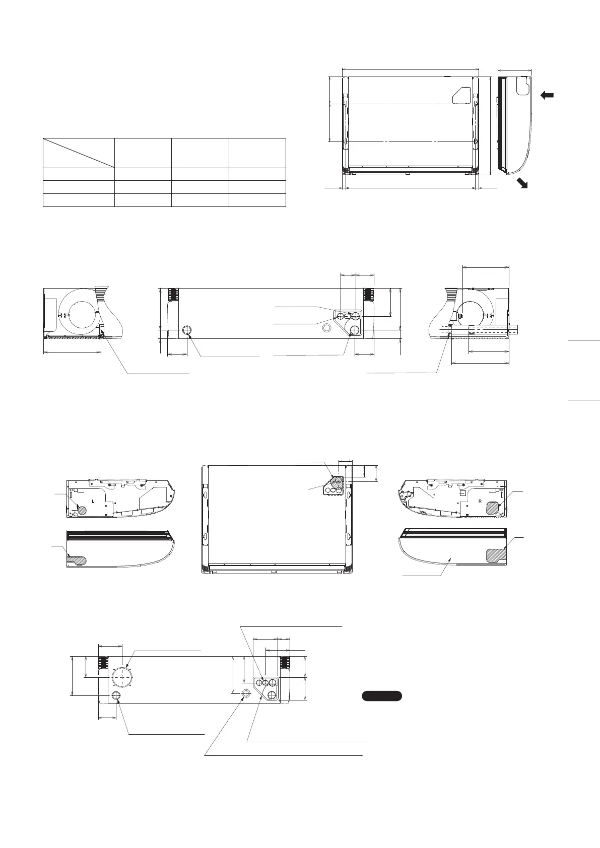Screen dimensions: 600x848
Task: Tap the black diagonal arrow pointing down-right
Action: click(523, 183)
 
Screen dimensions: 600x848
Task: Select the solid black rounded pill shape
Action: click(382, 696)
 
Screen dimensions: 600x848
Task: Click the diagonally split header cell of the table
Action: click(78, 153)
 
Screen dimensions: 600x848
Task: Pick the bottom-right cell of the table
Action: click(257, 200)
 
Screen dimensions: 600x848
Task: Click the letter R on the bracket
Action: click(481, 502)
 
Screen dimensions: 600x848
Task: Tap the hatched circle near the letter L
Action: click(81, 510)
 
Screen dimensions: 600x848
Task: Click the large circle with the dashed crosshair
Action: click(121, 677)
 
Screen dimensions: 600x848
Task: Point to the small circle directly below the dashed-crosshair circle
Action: click(116, 695)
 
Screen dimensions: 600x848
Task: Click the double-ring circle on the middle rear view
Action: click(327, 328)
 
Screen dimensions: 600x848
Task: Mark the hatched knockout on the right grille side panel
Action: click(496, 555)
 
